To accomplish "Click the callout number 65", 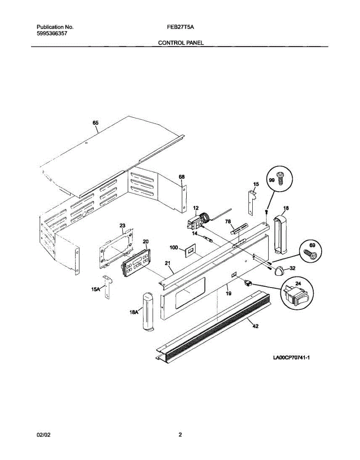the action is pos(95,123).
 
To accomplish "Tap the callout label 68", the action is pos(182,177).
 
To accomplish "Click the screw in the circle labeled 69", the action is pos(309,254).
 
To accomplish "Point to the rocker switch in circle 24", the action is pos(297,294).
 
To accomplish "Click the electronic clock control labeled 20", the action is pos(136,262).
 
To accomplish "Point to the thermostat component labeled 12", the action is pos(197,222).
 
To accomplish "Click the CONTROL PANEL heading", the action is pos(181,43).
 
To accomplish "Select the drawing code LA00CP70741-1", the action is pos(291,358).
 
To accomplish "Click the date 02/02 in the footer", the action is pos(43,435).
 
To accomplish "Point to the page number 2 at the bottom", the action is pos(180,435).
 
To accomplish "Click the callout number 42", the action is pos(255,326).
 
